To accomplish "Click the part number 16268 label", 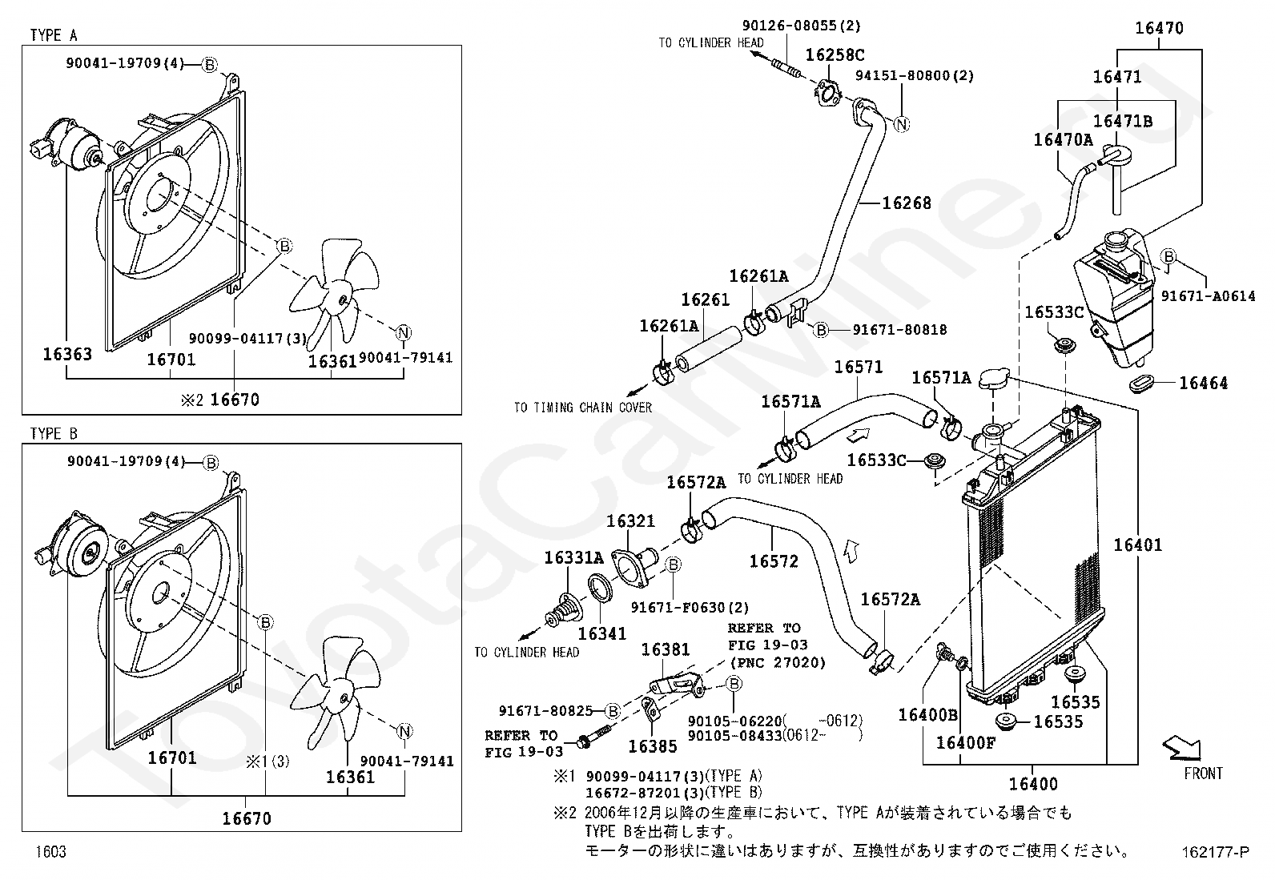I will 907,203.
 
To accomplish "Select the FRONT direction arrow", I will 1182,749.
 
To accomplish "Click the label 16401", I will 1137,545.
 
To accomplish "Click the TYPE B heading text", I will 54,433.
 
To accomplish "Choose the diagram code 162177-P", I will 1215,853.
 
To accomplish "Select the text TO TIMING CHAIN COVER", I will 582,408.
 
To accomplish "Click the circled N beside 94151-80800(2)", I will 902,124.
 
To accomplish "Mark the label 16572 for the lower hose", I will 774,561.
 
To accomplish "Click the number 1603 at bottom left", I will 50,852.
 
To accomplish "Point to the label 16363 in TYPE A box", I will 67,353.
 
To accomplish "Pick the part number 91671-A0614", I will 1208,295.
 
